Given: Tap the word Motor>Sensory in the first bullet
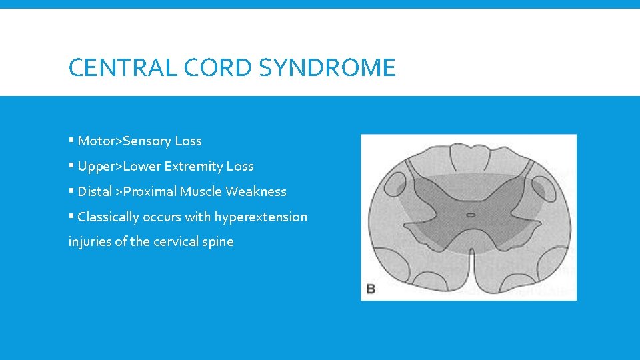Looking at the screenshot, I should point(125,141).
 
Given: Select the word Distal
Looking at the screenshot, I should point(95,191).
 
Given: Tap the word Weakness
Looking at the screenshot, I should point(256,191).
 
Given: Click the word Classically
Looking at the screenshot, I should point(108,217).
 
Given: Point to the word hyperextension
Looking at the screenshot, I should point(261,217).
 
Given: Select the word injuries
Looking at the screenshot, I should point(89,241).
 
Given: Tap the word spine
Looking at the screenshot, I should point(219,241).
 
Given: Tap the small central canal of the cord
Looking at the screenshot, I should point(470,215).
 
